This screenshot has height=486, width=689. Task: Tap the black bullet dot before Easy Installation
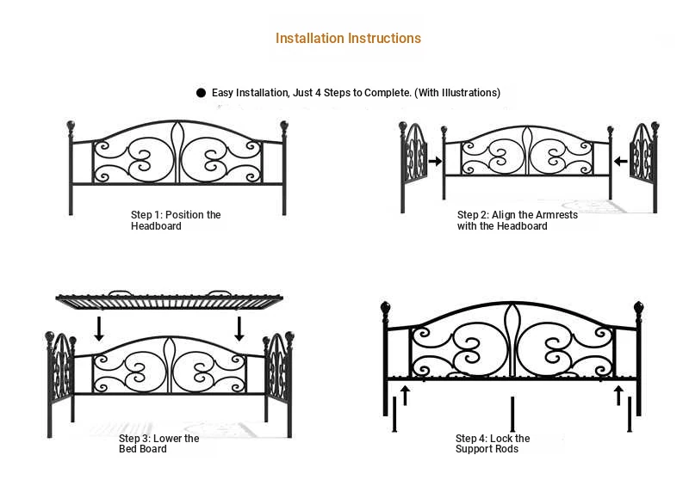[201, 93]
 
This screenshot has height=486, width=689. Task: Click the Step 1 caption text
[176, 220]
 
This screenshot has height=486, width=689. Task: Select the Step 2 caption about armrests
[518, 220]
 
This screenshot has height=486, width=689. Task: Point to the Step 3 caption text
[158, 443]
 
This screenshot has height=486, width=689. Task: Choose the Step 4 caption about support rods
[493, 443]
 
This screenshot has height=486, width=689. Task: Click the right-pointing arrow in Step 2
[435, 161]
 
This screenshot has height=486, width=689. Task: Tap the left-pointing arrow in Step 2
[620, 161]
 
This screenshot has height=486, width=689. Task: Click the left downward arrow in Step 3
[99, 329]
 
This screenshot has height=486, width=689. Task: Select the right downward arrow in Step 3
[239, 329]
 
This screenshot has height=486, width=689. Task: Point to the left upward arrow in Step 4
[405, 395]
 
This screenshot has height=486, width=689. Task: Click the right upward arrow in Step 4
[618, 395]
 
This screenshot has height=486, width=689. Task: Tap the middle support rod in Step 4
[512, 414]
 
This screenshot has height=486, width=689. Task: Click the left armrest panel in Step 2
[413, 167]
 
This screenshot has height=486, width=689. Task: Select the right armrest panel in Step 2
[644, 167]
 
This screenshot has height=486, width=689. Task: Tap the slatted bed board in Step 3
[169, 300]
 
